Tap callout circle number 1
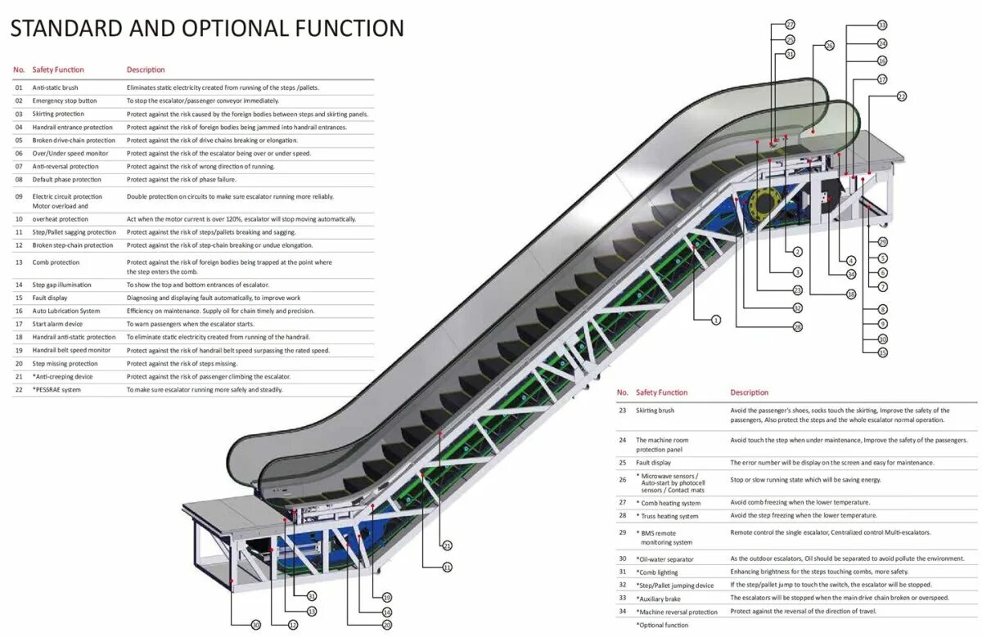[x=716, y=321]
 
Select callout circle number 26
[x=829, y=47]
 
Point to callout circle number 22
[x=902, y=96]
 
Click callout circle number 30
[x=255, y=625]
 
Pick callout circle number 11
[x=448, y=567]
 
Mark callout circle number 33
[x=882, y=25]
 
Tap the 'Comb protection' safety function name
[x=56, y=262]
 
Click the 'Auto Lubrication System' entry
[x=66, y=311]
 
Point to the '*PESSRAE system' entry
[x=56, y=390]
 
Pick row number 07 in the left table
[x=19, y=166]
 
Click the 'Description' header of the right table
[x=750, y=393]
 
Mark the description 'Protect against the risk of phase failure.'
[x=181, y=179]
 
